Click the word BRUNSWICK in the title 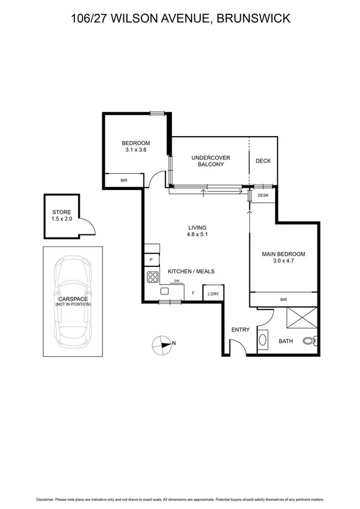[256, 19]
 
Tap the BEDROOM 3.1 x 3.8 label [136, 146]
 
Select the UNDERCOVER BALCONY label [208, 161]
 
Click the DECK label [264, 161]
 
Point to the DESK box [263, 195]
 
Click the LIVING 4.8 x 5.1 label [197, 231]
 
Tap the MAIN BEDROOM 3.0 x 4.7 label [283, 258]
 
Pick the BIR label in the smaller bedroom [123, 180]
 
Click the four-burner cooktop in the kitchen [152, 277]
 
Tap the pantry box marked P [152, 260]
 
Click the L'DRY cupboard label [213, 293]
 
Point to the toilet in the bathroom [308, 341]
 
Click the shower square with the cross [302, 317]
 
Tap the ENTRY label [240, 330]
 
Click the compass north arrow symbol [162, 344]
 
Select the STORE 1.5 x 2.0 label [62, 216]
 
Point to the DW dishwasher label [176, 281]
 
